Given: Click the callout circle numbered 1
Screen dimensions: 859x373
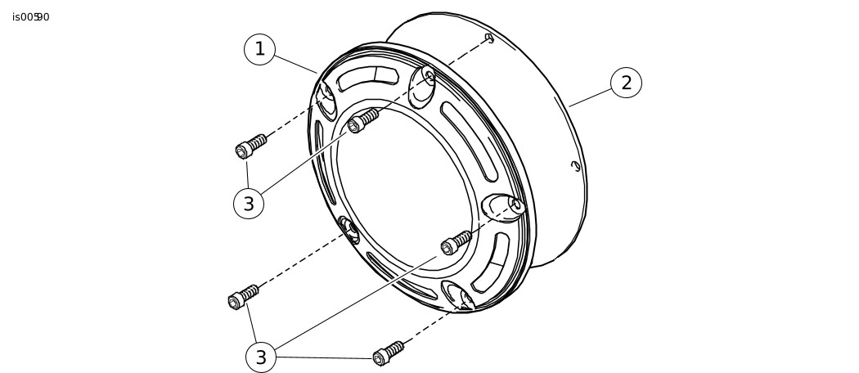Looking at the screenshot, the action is click(x=259, y=49).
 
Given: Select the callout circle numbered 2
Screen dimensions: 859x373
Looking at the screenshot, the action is click(x=626, y=83).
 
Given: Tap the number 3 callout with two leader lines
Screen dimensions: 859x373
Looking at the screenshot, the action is click(x=249, y=204).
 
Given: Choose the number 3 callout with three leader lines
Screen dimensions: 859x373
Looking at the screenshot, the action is click(x=261, y=357).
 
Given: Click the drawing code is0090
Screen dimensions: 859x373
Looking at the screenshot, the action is click(x=31, y=17).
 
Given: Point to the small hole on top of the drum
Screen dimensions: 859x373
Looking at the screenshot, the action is click(x=489, y=38).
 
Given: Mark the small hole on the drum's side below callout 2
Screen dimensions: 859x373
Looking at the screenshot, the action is click(x=575, y=165).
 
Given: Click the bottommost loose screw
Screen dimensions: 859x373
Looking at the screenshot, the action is click(x=388, y=353).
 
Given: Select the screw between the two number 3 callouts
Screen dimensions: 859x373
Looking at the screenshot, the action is click(x=243, y=297).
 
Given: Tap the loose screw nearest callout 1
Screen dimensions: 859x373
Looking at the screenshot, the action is click(x=251, y=146).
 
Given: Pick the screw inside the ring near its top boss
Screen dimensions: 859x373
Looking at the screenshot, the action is click(x=363, y=120).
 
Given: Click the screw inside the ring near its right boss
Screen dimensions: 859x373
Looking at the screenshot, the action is click(x=456, y=243).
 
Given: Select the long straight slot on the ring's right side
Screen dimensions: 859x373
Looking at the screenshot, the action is click(x=469, y=142).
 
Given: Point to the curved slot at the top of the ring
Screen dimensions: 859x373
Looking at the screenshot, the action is click(x=367, y=79).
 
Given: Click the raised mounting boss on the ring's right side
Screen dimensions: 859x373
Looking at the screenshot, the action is click(x=503, y=207).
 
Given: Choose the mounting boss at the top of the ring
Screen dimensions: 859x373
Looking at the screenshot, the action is click(x=422, y=87).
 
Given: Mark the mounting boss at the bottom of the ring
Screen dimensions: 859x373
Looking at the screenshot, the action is click(x=458, y=296).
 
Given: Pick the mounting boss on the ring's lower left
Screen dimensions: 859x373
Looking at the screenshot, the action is click(x=349, y=230).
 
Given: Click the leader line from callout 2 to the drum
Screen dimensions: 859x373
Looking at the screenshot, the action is click(x=590, y=97).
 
